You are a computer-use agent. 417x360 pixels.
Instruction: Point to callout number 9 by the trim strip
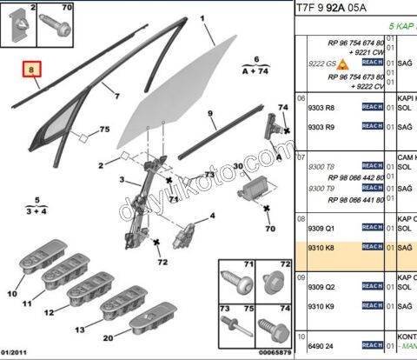coord(209,114)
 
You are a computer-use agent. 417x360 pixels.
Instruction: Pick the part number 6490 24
coord(321,344)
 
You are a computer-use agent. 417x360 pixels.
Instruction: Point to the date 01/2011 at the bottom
coord(18,352)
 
